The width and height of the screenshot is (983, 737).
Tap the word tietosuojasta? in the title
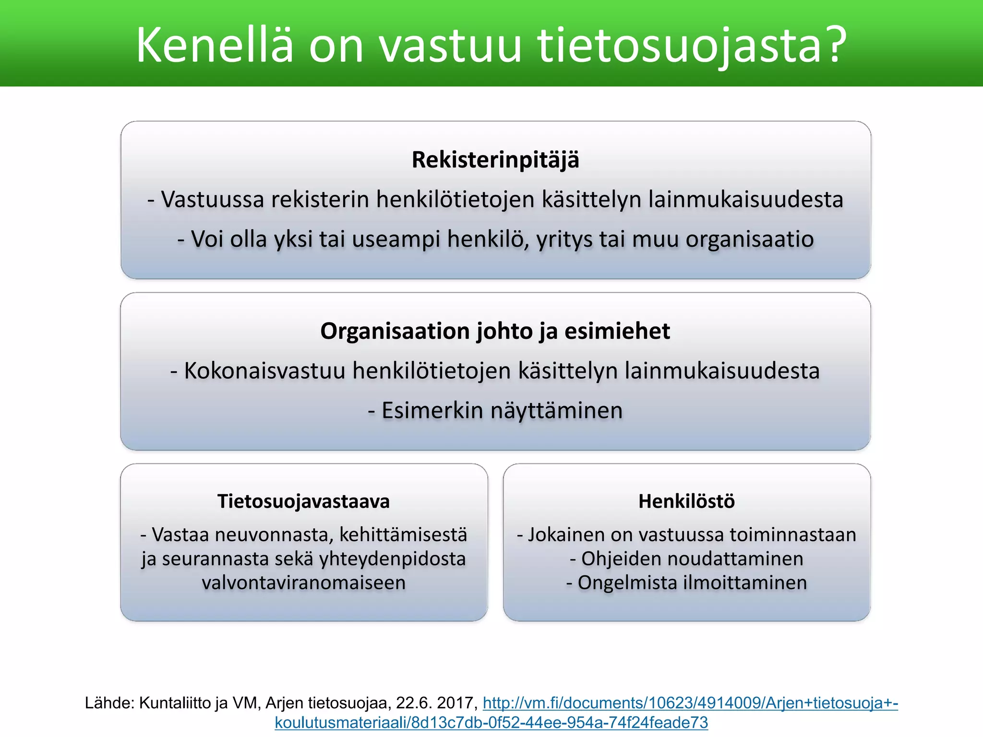tap(692, 46)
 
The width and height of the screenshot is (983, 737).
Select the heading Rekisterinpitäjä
tap(495, 160)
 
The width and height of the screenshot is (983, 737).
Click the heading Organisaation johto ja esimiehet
tap(495, 331)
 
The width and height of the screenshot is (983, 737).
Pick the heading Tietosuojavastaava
tap(303, 501)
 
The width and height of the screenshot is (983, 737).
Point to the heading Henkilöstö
tap(686, 501)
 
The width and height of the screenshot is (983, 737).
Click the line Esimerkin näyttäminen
tap(495, 411)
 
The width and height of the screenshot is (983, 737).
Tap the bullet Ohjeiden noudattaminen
tap(687, 559)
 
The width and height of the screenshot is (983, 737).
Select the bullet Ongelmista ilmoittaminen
tap(687, 582)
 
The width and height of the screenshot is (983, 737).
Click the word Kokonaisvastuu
tap(264, 371)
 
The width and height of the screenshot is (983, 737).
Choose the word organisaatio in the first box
tap(750, 239)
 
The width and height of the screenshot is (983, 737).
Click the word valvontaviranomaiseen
tap(303, 582)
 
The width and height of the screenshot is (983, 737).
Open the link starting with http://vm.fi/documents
tap(690, 703)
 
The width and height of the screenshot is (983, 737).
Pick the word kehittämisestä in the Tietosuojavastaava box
tap(403, 535)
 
